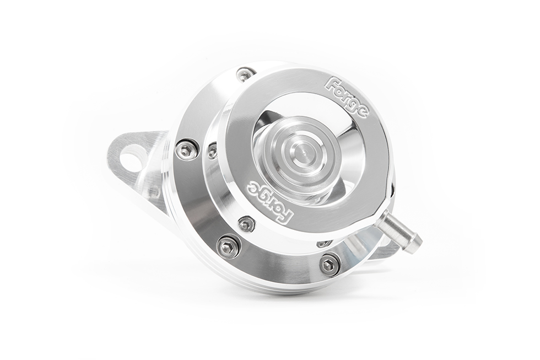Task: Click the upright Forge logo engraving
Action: pos(347,97)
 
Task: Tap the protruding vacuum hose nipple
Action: pos(398,230)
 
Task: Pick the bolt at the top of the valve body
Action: pos(245,74)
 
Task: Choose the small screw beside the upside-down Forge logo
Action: pos(246,223)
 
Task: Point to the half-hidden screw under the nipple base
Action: pos(324,243)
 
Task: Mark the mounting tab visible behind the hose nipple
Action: pos(388,251)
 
